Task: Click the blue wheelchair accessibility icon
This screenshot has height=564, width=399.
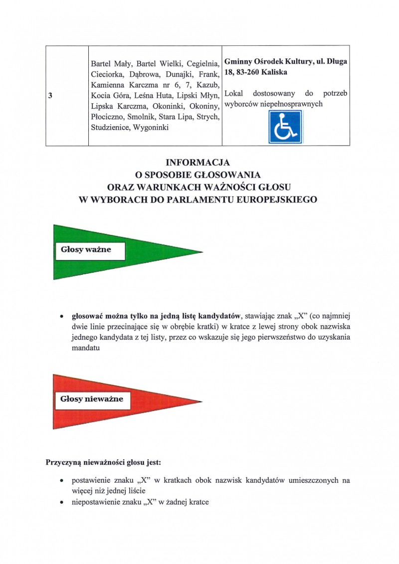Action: coord(286,127)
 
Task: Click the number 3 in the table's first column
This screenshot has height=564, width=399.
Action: coord(51,96)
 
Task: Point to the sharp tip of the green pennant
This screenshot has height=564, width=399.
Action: coord(202,251)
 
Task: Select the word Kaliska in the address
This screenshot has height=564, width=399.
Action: coord(275,72)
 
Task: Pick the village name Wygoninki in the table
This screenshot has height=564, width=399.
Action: coord(150,128)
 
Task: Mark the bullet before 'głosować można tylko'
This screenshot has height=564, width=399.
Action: coord(61,316)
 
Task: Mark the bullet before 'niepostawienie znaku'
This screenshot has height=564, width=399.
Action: coord(61,502)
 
